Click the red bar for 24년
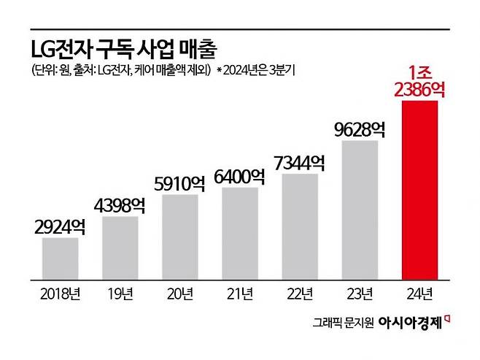[x=419, y=190]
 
